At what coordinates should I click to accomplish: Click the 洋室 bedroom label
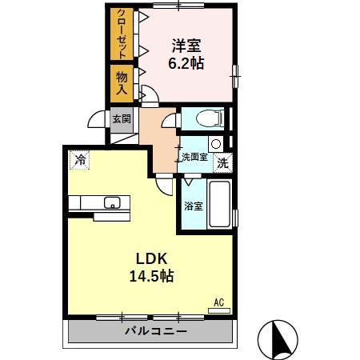click(186, 45)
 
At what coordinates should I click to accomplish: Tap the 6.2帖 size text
click(186, 62)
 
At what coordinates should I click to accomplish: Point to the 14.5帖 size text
click(151, 277)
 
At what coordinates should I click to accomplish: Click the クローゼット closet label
click(122, 33)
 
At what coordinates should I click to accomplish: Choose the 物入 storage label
click(122, 82)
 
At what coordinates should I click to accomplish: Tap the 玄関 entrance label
click(121, 119)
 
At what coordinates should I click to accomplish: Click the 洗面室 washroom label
click(194, 158)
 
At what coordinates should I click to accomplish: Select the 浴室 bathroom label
click(193, 206)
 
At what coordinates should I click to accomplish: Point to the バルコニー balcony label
click(155, 330)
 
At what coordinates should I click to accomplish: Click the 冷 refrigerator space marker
click(79, 160)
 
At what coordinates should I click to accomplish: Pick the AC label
click(218, 302)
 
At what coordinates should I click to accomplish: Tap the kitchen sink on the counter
click(112, 202)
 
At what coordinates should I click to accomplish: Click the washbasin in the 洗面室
click(215, 144)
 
